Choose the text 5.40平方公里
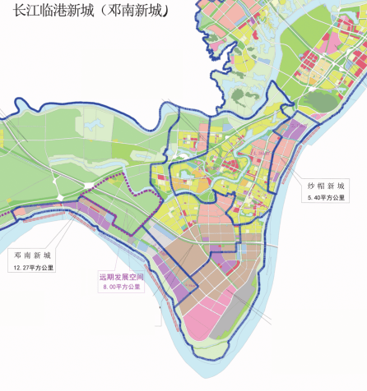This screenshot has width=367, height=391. click(x=328, y=198)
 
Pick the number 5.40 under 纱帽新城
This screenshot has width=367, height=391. click(x=314, y=198)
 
